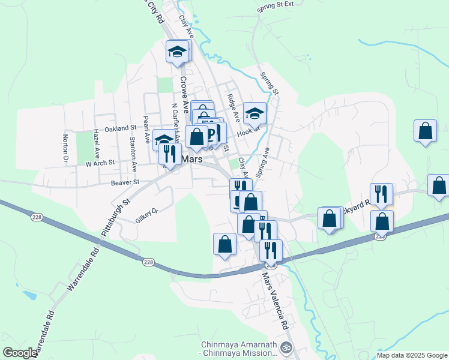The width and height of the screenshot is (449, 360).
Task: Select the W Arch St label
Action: coord(100,163)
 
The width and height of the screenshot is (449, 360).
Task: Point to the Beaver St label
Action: coord(125,182)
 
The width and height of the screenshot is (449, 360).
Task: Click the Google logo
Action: coord(20,353)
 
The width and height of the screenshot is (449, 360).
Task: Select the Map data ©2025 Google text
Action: coord(411,355)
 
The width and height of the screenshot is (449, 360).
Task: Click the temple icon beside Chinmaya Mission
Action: coord(286,347)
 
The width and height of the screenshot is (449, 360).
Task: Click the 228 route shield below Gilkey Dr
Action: coord(149,262)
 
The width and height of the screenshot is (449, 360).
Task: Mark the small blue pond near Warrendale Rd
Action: coord(28,295)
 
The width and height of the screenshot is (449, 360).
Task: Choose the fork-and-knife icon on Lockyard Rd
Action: coord(381,193)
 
